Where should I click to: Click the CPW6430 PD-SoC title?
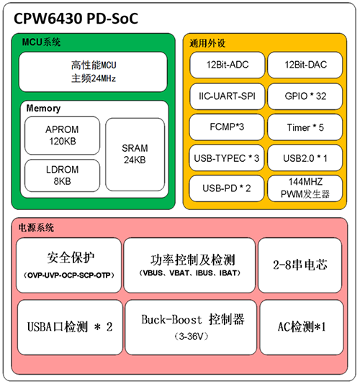click(x=76, y=19)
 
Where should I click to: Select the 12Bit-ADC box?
click(x=228, y=65)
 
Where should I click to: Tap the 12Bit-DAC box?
click(x=305, y=65)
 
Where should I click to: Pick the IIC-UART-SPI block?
click(x=228, y=96)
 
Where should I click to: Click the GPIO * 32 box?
click(x=305, y=96)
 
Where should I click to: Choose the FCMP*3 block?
click(x=227, y=127)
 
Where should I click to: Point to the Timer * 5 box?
click(x=305, y=127)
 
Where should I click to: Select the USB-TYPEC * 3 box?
click(x=227, y=158)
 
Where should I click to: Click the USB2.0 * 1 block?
click(x=305, y=158)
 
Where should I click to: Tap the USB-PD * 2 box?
click(x=227, y=188)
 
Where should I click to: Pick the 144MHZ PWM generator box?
click(x=305, y=188)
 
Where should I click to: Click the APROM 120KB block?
click(x=63, y=136)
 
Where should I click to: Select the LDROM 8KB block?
click(x=63, y=175)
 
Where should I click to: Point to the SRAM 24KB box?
click(x=135, y=155)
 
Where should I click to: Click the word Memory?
click(x=43, y=109)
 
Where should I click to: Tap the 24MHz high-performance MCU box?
click(x=93, y=72)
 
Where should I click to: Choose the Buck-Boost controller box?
click(x=191, y=327)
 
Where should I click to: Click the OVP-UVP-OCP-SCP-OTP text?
click(x=69, y=275)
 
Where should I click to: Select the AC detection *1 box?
click(x=302, y=327)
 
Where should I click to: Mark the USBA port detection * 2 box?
click(x=70, y=327)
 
